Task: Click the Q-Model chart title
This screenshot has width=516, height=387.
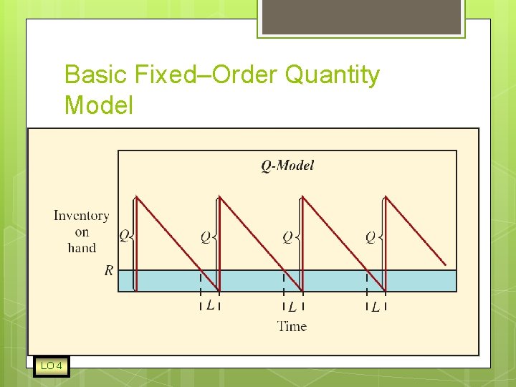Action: click(287, 166)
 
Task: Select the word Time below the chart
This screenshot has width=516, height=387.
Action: click(292, 326)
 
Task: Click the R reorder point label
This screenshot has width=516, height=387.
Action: click(108, 270)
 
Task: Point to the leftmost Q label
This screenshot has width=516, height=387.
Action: click(124, 235)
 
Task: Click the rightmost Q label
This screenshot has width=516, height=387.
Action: click(371, 236)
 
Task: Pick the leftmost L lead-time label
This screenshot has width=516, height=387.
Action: click(209, 305)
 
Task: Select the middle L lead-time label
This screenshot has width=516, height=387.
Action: click(292, 307)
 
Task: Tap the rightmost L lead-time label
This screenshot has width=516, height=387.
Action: click(375, 307)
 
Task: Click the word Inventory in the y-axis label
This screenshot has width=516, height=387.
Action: click(82, 215)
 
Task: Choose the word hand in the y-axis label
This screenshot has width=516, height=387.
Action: click(82, 248)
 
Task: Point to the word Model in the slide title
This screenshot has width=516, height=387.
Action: click(98, 105)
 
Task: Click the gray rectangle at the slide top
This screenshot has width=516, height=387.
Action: click(360, 16)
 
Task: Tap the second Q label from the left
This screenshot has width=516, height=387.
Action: click(206, 236)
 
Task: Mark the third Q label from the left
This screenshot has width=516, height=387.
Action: click(287, 236)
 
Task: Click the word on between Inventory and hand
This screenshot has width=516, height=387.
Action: click(82, 231)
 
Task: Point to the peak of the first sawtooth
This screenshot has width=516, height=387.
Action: click(136, 197)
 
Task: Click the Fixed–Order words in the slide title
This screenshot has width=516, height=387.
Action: click(206, 75)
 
